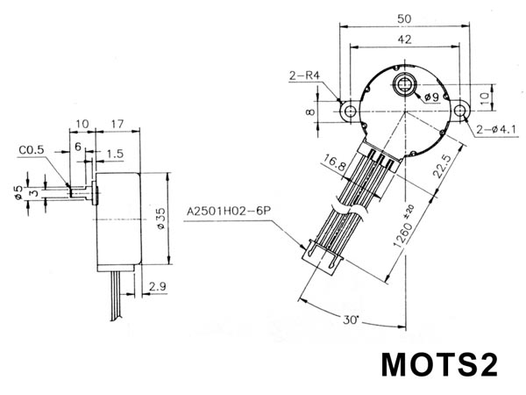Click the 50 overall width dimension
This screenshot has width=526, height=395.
404,18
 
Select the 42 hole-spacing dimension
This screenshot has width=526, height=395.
404,39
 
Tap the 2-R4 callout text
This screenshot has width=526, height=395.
304,75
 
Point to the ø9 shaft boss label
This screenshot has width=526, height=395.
431,97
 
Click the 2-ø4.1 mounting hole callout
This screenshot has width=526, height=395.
496,129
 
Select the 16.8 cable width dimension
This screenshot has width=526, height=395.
335,162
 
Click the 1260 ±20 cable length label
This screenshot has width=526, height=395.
404,226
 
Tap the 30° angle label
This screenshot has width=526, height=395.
351,320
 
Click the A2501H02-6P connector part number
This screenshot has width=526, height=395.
229,212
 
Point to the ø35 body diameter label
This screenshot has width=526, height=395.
161,219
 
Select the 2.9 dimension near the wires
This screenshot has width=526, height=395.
157,286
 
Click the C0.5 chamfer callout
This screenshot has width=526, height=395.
32,150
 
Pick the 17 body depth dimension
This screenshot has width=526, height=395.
117,124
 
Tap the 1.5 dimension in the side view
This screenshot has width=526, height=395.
116,154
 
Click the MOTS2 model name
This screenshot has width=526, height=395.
439,365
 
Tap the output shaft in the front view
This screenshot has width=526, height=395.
404,83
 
